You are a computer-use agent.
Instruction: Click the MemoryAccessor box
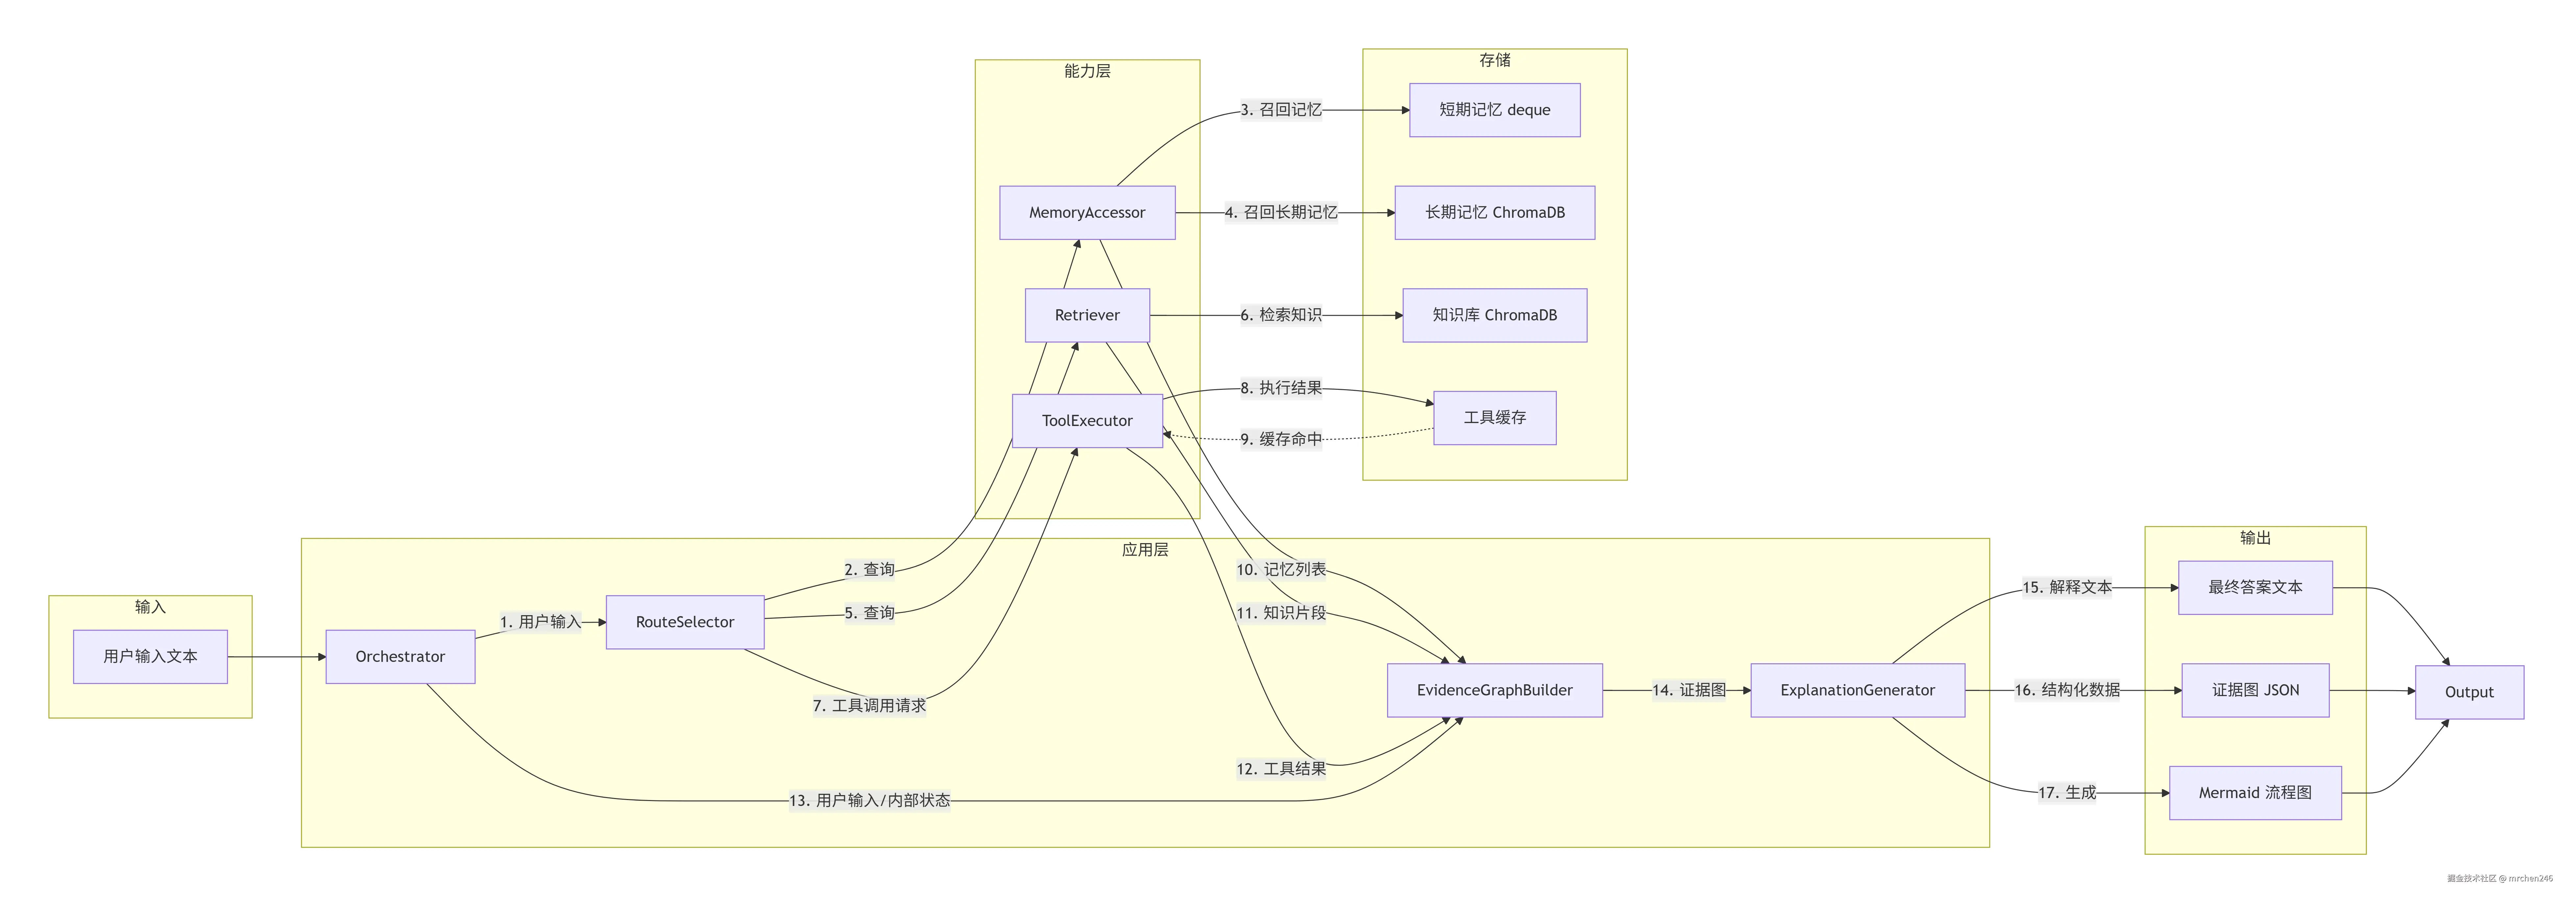[x=1087, y=213]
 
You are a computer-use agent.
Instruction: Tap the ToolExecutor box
[x=1087, y=420]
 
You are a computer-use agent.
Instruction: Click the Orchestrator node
[x=400, y=656]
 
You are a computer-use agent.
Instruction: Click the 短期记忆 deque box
[x=1494, y=110]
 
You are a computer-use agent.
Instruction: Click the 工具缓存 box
[x=1494, y=417]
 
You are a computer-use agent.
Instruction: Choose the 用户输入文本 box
[x=150, y=656]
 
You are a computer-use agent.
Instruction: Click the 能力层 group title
[x=1087, y=71]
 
